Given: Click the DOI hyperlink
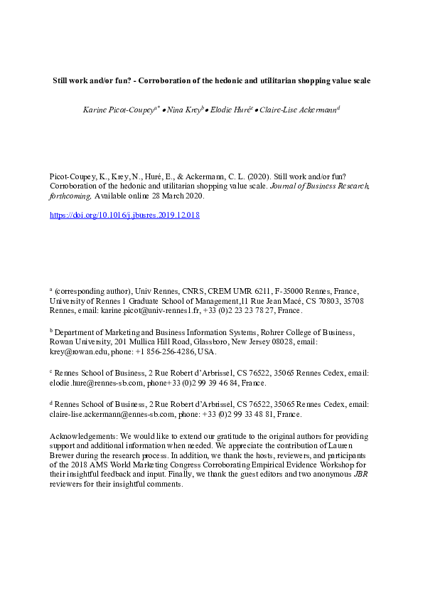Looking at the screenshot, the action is [x=124, y=214].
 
